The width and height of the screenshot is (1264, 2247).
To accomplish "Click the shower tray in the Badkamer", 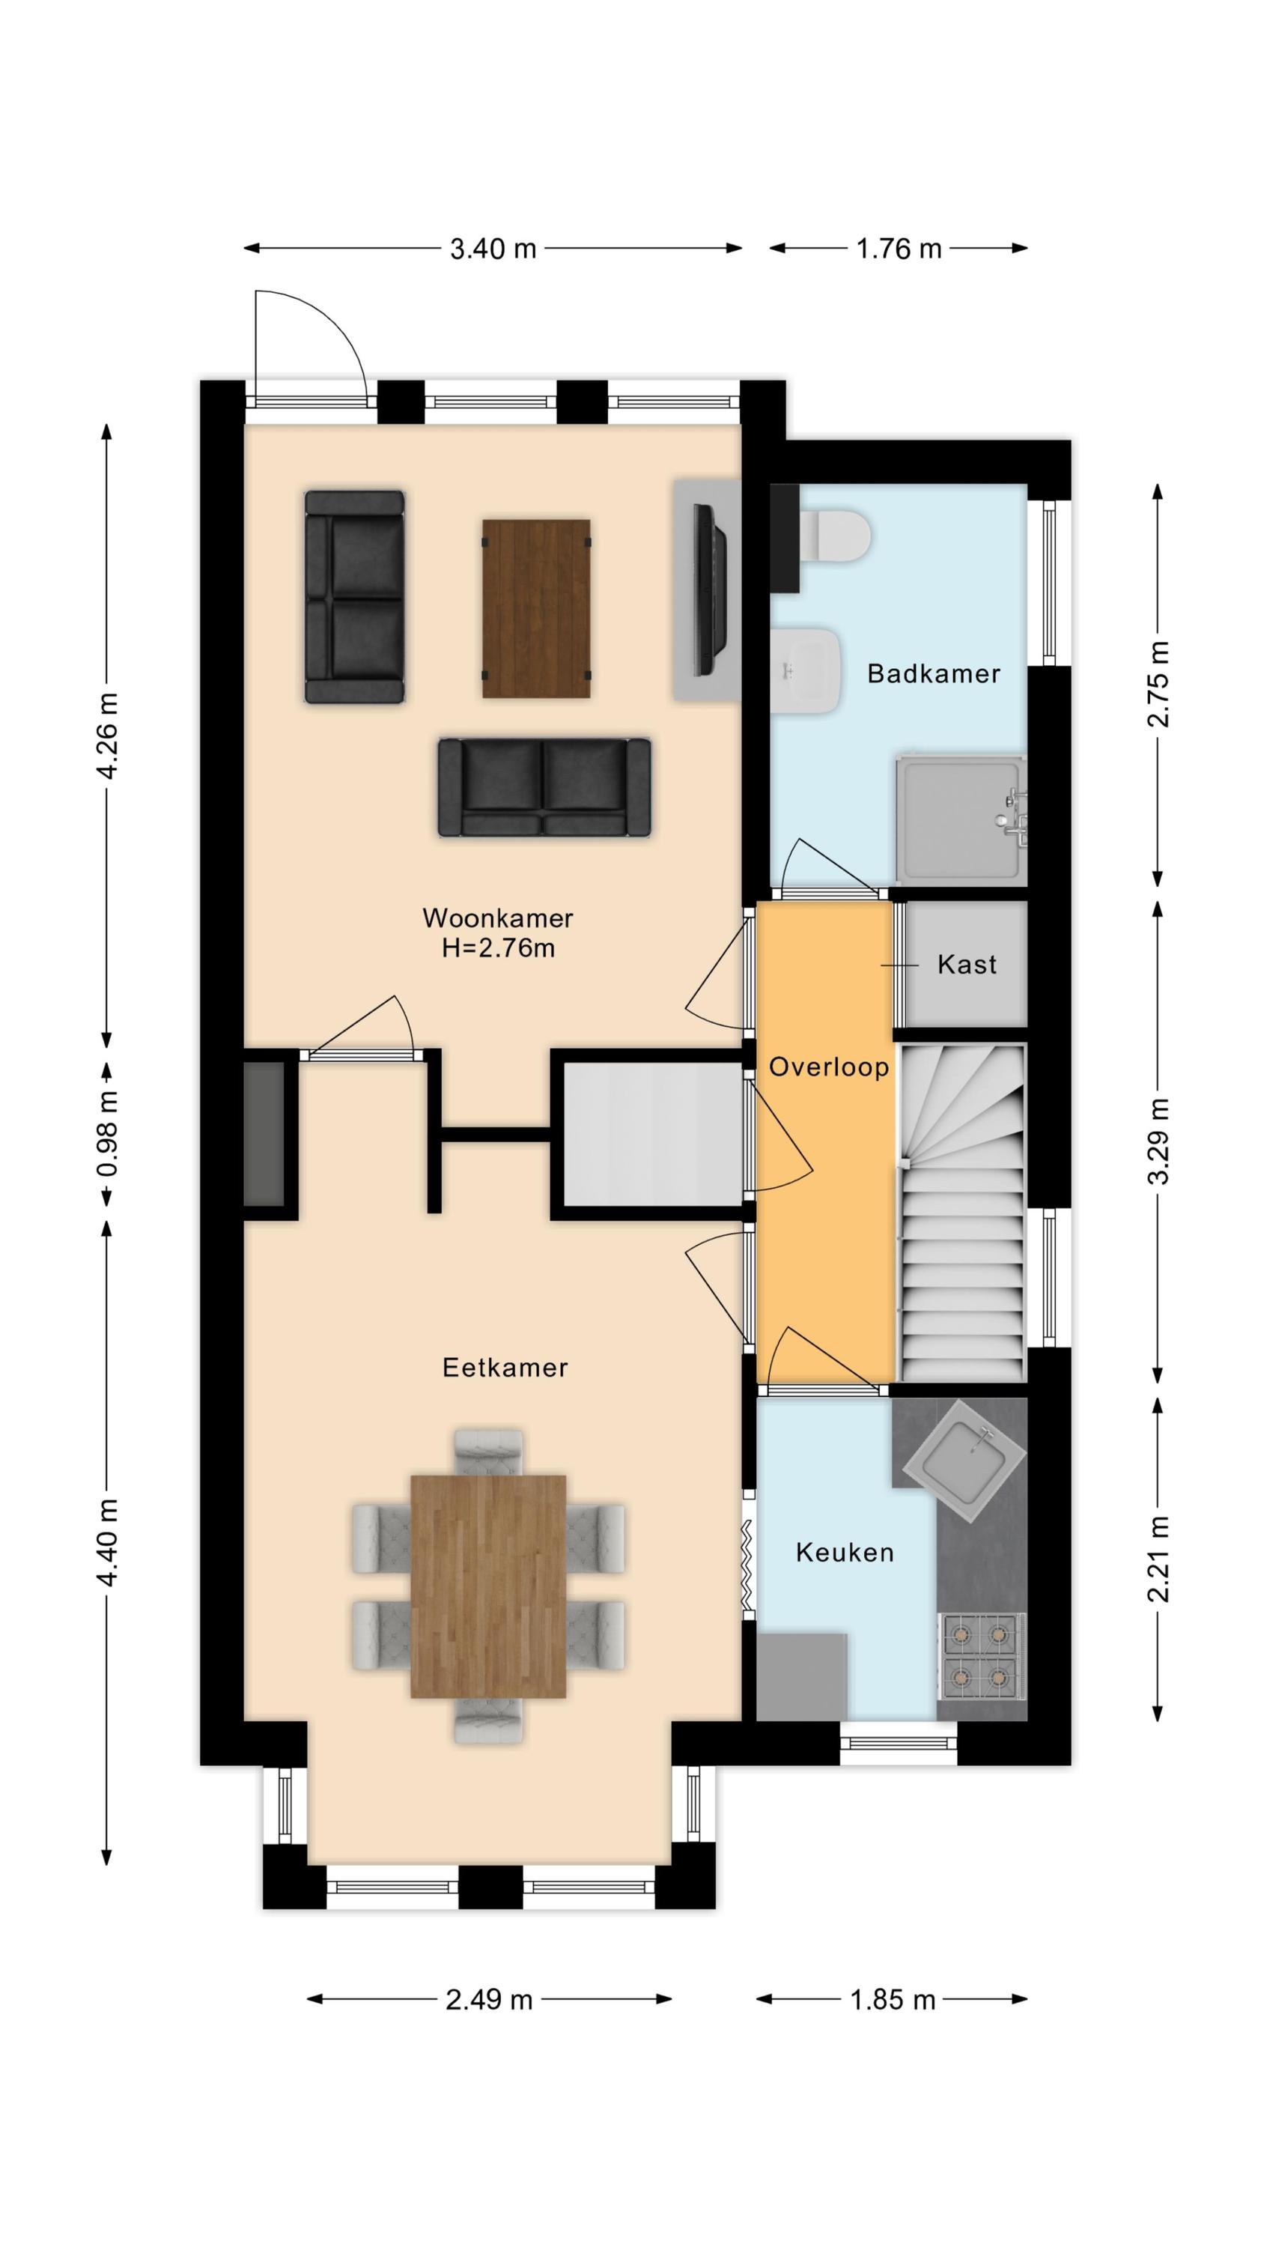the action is [961, 819].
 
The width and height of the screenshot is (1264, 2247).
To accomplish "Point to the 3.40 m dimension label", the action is [493, 249].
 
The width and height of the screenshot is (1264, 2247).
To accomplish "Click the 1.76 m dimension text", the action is [899, 249].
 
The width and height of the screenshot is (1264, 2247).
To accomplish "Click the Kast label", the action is [967, 964].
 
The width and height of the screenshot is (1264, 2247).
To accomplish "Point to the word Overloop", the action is [829, 1067].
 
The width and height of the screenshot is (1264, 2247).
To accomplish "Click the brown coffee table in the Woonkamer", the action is [536, 609].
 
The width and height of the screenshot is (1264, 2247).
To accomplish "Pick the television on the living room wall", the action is [709, 589].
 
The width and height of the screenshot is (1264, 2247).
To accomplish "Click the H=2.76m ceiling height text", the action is [498, 948].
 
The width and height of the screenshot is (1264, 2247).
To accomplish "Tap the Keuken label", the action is [845, 1552].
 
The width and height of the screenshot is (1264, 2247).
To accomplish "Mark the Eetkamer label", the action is [505, 1367].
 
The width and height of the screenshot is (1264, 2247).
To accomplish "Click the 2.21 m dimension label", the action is [1158, 1559].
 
